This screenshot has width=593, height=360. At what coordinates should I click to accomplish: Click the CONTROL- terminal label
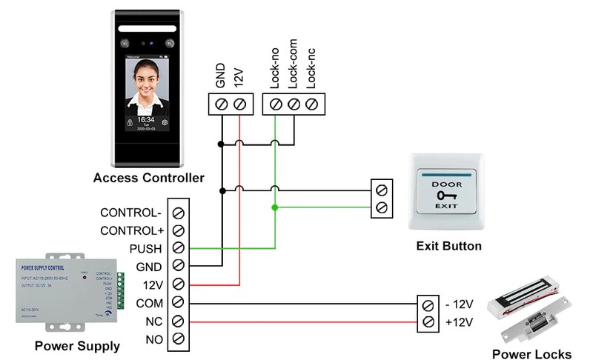pos(130,213)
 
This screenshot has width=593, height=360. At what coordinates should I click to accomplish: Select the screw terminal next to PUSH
pos(178,248)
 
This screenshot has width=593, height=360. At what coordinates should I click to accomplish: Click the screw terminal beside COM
pos(178,302)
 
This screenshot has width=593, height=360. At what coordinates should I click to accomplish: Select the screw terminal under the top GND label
pos(221,104)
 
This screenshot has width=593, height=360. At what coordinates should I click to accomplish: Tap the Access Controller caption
pos(148,178)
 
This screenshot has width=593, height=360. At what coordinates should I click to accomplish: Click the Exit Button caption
pos(448,246)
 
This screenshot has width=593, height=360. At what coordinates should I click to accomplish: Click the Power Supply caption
pos(76,346)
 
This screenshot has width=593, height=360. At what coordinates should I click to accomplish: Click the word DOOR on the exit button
pos(447,182)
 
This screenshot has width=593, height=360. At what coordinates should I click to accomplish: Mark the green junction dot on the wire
pos(275,208)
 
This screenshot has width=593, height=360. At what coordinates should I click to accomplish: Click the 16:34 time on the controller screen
pos(146,119)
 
